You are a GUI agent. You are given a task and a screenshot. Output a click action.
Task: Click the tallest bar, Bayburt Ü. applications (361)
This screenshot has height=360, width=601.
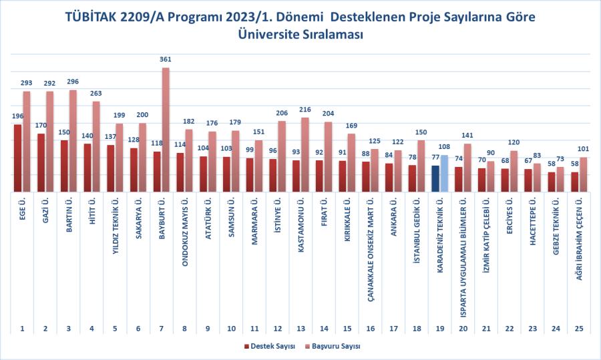click(166, 130)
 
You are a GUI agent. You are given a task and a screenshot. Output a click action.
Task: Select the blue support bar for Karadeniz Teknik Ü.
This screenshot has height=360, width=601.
click(435, 179)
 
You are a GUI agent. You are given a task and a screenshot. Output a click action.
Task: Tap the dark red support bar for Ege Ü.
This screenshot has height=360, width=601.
click(17, 158)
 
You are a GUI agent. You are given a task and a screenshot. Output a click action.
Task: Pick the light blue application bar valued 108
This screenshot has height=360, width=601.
click(444, 174)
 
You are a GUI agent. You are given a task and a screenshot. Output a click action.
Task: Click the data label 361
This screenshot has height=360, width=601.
click(166, 60)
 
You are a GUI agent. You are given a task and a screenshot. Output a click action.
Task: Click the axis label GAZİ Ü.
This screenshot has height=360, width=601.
click(45, 212)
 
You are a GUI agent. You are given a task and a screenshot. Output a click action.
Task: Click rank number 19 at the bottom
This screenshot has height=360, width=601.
click(439, 329)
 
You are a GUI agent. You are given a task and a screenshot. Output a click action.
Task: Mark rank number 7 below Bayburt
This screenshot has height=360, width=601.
click(161, 329)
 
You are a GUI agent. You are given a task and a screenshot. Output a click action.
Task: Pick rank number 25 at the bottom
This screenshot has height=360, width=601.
click(578, 329)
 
